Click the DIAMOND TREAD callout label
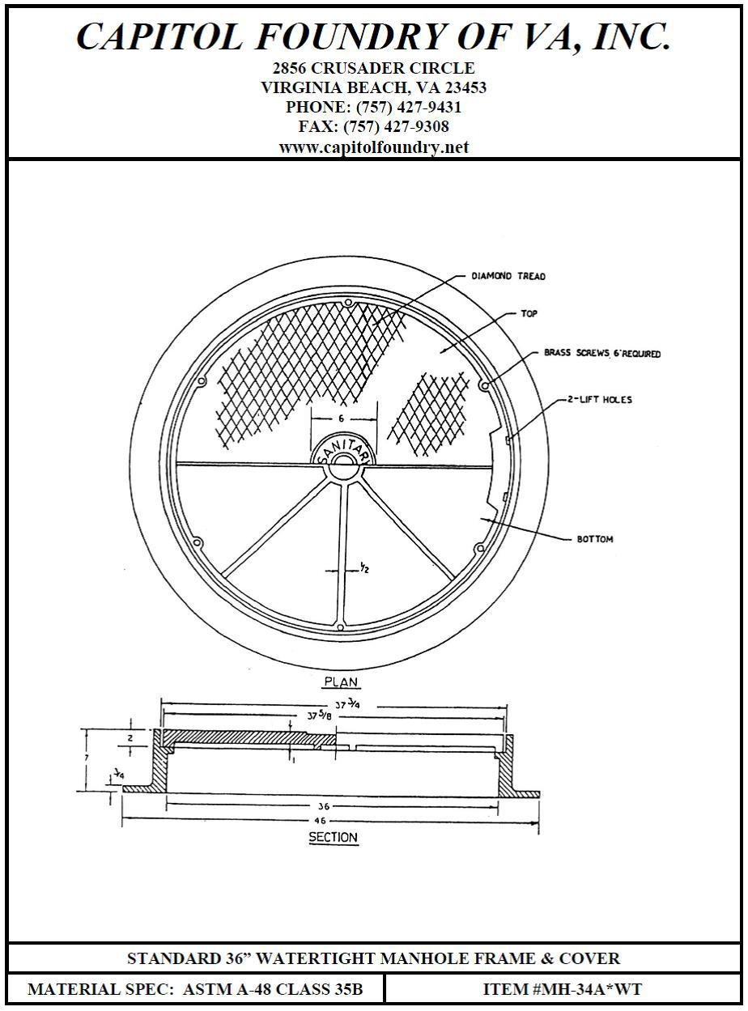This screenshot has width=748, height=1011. click(508, 276)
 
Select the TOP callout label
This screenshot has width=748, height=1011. click(529, 313)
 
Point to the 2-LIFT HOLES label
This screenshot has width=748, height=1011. click(600, 399)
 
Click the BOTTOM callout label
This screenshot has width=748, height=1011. click(594, 539)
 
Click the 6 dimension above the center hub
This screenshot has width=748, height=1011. click(342, 418)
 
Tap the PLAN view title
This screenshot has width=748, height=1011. click(341, 682)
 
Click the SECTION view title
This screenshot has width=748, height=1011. click(333, 838)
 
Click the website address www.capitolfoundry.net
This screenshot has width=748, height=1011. click(373, 147)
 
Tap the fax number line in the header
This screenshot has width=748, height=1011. click(373, 126)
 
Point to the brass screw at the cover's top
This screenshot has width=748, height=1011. click(347, 304)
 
